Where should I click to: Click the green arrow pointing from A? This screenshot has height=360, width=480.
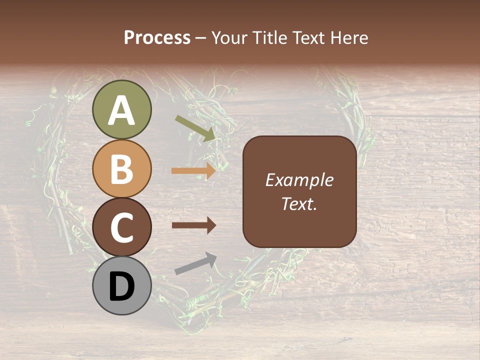tap(195, 127)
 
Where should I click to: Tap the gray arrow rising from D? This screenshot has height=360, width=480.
tap(195, 263)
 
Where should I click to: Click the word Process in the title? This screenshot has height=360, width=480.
tap(157, 38)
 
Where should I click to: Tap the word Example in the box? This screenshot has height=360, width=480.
tap(299, 180)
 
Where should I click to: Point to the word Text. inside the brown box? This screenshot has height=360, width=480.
tap(299, 204)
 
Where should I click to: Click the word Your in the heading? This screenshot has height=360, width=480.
tap(228, 38)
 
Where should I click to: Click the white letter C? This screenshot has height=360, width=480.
tap(121, 228)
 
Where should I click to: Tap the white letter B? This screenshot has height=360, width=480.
tap(121, 169)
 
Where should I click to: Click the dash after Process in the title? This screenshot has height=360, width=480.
tap(200, 38)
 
